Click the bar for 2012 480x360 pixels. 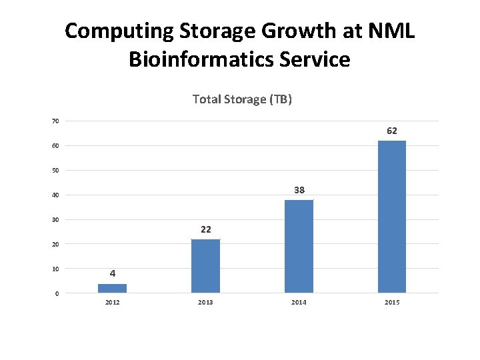112,288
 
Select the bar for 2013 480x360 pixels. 205,266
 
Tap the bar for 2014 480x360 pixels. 299,246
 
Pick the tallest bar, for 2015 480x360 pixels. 392,217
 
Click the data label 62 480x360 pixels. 392,131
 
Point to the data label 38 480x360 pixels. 299,191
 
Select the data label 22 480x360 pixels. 206,229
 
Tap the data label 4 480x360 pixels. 113,273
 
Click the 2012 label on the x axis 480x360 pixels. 113,303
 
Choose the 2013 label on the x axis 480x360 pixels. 206,303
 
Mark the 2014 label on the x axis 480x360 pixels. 299,303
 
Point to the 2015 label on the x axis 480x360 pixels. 392,303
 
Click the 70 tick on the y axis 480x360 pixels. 55,121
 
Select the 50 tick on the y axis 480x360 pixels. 55,171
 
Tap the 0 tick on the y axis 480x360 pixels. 57,294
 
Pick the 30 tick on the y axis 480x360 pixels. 55,220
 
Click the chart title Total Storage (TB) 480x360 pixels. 242,99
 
